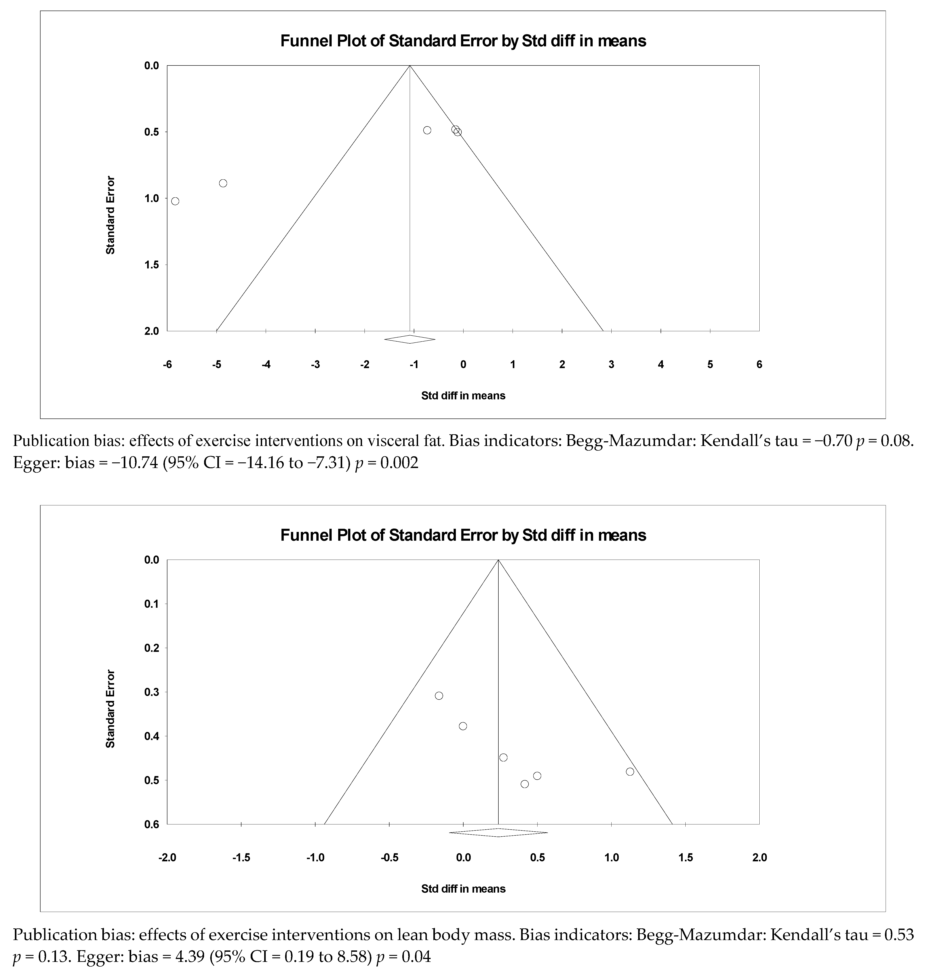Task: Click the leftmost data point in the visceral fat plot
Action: click(x=175, y=201)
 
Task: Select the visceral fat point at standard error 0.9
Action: click(x=223, y=183)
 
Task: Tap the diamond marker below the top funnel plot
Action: click(x=410, y=339)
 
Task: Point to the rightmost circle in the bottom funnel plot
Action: click(x=630, y=772)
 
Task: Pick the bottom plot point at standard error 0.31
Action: click(x=439, y=695)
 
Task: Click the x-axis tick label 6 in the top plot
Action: click(x=759, y=365)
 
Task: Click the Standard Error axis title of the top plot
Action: click(x=110, y=215)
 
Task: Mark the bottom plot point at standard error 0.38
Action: click(x=463, y=726)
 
